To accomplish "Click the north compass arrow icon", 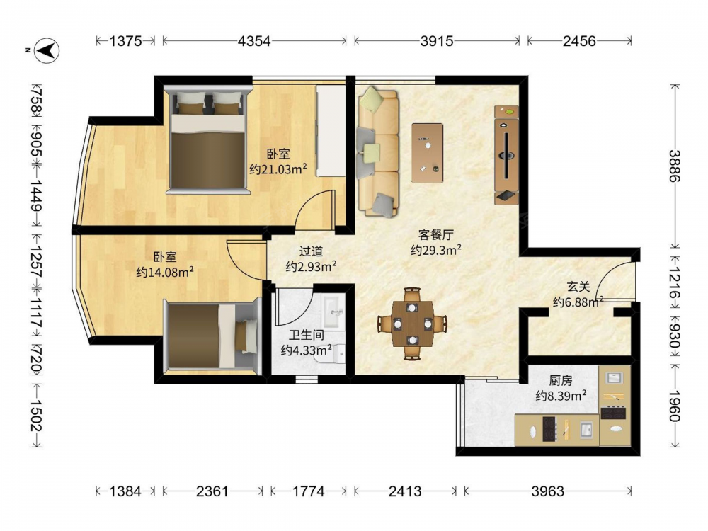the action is pos(47,50).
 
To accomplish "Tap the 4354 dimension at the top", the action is pos(254,41).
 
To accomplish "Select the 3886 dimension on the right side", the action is pos(675,166).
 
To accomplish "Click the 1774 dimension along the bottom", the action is pos(309,491).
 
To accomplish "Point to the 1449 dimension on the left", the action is pos(37,195).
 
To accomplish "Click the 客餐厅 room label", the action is pos(435,235).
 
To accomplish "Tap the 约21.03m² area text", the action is pos(278,169).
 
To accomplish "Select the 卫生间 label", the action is pos(307,335).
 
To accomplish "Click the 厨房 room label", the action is pos(561,381).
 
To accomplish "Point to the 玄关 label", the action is pos(578,286).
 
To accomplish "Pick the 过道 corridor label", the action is pos(311,251).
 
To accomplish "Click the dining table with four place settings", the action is pos(412,324).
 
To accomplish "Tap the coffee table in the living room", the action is pos(427,153).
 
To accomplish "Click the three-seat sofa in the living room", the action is pos(378,152).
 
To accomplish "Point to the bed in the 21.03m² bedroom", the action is pos(207,140).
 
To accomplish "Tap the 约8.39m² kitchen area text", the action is pos(561,396).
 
